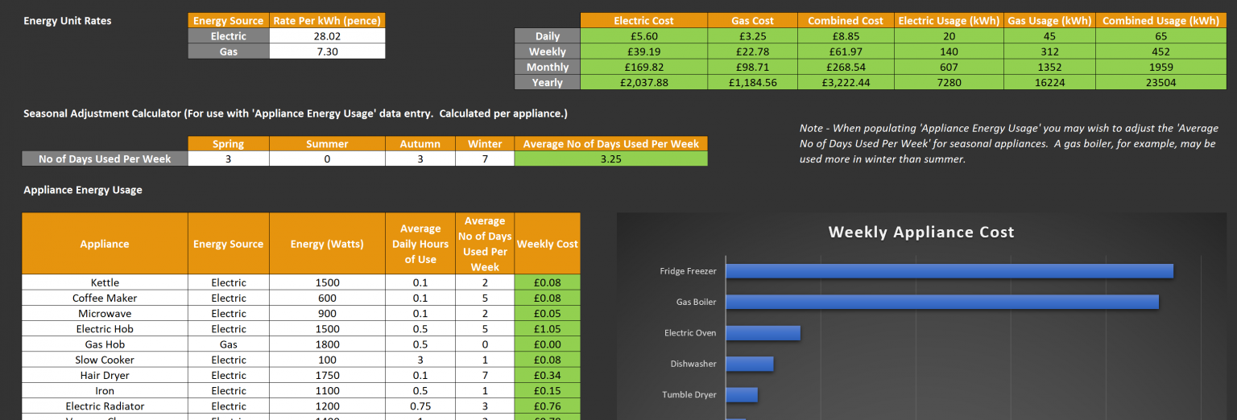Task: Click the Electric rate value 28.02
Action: [x=327, y=36]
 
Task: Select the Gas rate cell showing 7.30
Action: [x=327, y=51]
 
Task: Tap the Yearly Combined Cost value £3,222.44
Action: [x=846, y=83]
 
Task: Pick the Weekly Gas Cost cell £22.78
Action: [x=751, y=52]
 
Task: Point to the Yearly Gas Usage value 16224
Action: [x=1049, y=83]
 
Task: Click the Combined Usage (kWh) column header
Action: [x=1160, y=21]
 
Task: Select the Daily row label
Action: [x=547, y=36]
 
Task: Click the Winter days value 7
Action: [x=485, y=159]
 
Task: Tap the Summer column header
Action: [x=327, y=144]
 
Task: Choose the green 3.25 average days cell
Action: [x=610, y=159]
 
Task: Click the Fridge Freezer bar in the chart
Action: [x=949, y=271]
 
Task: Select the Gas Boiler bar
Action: [x=941, y=302]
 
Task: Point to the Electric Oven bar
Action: [x=763, y=333]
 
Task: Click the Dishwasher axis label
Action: [x=693, y=364]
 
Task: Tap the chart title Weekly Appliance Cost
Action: [x=921, y=233]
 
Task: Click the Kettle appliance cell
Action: [x=105, y=282]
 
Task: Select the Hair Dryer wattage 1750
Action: [x=327, y=376]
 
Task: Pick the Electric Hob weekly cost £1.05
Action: [x=547, y=329]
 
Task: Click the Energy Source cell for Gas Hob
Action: [x=228, y=344]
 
